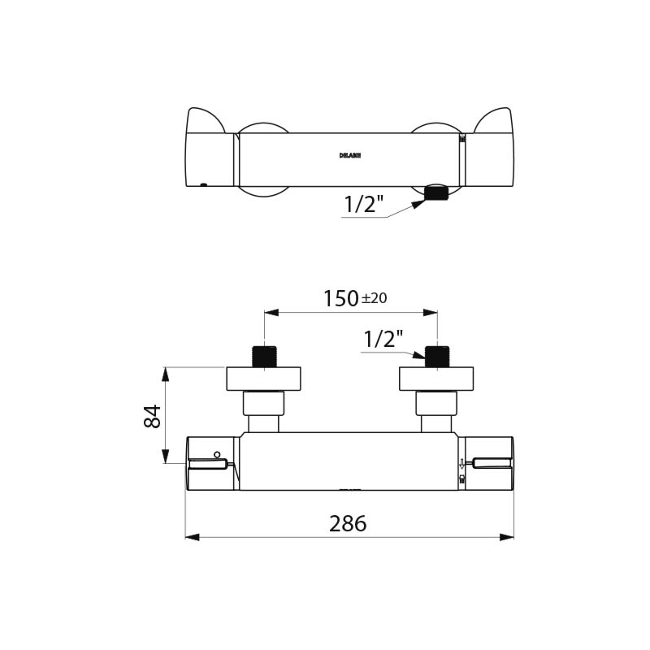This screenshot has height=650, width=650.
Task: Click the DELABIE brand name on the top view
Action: click(349, 155)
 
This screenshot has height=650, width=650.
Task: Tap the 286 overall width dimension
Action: click(348, 524)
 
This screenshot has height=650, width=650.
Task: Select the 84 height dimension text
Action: click(152, 416)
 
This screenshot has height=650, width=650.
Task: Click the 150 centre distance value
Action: click(340, 299)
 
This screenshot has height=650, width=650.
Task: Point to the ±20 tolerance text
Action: click(374, 298)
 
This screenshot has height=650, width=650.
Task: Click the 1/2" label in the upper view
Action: click(363, 205)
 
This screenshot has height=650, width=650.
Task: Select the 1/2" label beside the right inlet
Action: click(383, 339)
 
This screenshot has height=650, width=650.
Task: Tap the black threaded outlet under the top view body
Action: click(436, 193)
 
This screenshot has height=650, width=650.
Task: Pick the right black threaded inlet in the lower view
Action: click(437, 357)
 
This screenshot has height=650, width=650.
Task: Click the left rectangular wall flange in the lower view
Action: click(263, 379)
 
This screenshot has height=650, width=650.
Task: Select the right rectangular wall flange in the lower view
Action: click(435, 379)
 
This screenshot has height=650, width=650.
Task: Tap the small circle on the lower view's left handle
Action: click(217, 453)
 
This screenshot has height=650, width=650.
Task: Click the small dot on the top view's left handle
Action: click(204, 184)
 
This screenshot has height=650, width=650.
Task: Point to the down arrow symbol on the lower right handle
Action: click(461, 465)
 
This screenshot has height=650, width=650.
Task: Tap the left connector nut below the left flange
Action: click(263, 403)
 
